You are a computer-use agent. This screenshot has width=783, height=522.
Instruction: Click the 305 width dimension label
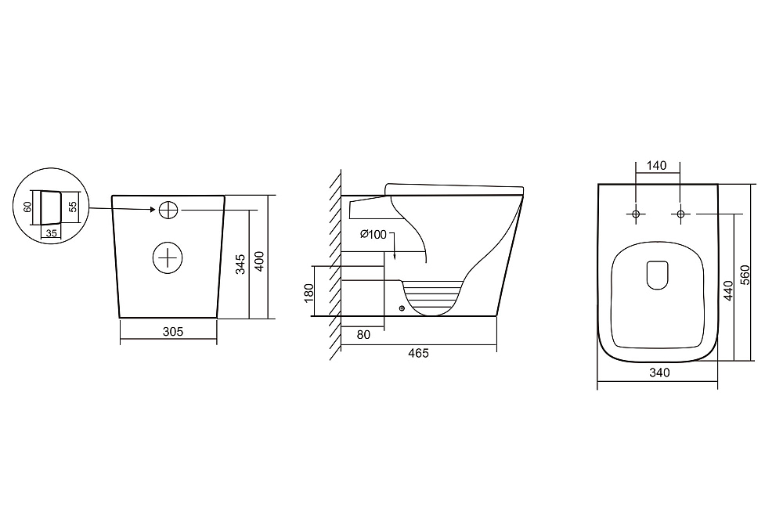coord(173,331)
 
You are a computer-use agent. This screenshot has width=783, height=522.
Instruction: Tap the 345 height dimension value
coord(240,265)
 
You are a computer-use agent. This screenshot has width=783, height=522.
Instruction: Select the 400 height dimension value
coord(259,261)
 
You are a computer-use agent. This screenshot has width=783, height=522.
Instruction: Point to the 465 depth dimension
coord(418,353)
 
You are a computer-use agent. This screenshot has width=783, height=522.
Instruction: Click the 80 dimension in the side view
coord(363,335)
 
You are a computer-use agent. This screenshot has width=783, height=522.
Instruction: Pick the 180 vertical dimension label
coord(309,293)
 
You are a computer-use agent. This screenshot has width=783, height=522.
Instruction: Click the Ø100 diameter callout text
coord(373,234)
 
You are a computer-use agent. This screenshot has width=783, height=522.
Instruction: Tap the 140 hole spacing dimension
coord(657,166)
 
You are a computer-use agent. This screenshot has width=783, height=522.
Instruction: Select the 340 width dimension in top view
coord(659,373)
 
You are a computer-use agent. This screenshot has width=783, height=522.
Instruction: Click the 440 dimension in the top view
coord(728,291)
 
